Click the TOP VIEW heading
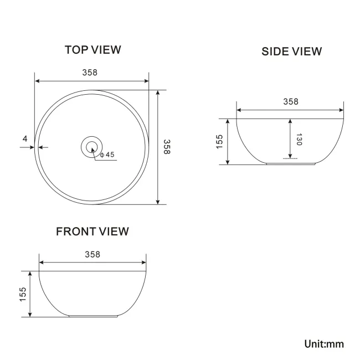click(x=92, y=50)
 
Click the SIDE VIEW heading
click(x=291, y=52)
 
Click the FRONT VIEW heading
click(x=92, y=232)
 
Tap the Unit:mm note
click(x=324, y=344)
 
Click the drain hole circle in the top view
click(x=92, y=147)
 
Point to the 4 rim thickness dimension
click(x=25, y=138)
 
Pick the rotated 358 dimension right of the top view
click(x=167, y=147)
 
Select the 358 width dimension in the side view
click(x=290, y=101)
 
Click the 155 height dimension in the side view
click(x=219, y=141)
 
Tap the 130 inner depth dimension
click(x=299, y=140)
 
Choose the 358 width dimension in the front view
click(x=92, y=254)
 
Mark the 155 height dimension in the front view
click(x=23, y=294)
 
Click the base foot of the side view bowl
click(x=290, y=164)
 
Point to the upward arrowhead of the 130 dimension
click(x=290, y=121)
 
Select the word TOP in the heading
click(x=76, y=50)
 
